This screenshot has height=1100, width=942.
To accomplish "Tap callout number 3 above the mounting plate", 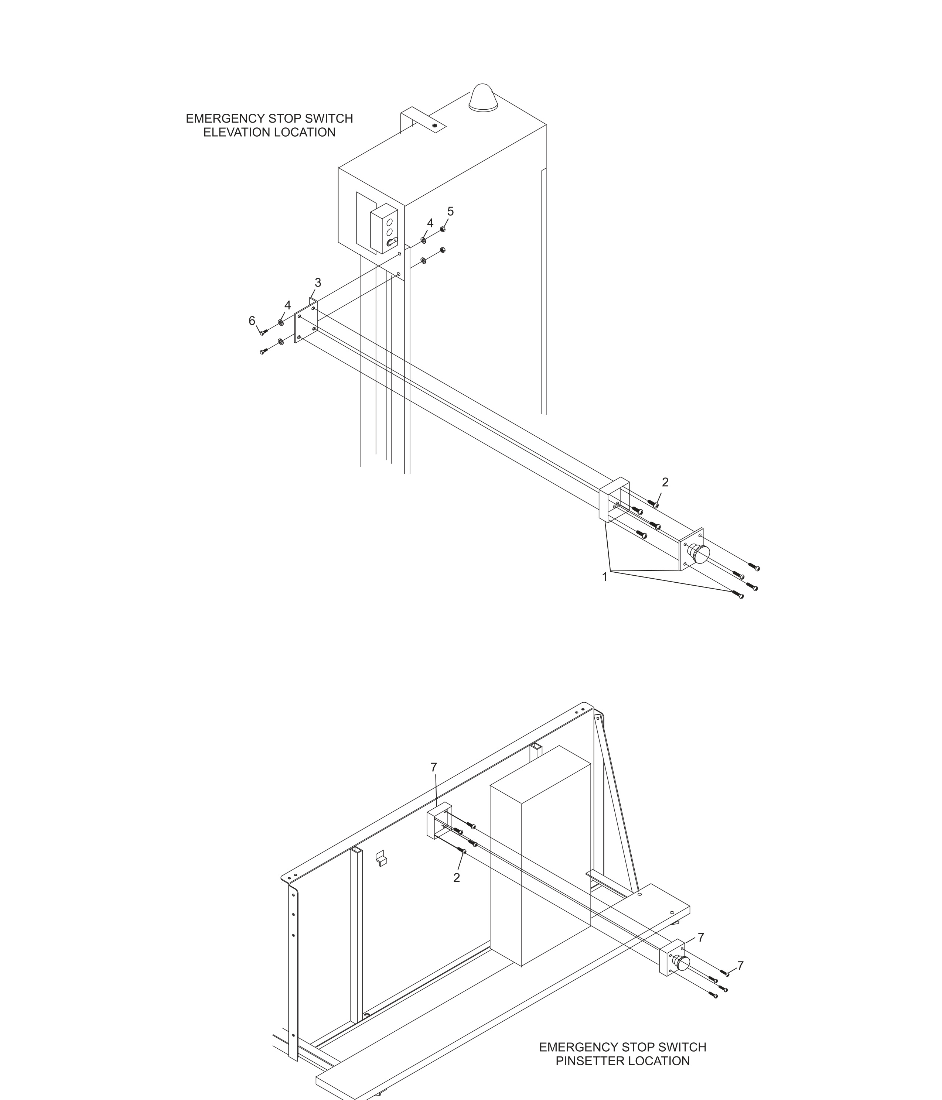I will click(318, 283).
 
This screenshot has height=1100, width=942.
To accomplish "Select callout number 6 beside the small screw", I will click(252, 321).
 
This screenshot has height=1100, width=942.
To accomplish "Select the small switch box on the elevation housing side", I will click(384, 228).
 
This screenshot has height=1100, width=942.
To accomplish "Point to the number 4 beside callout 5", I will click(430, 223).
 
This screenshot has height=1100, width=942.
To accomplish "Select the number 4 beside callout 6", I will click(287, 306).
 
